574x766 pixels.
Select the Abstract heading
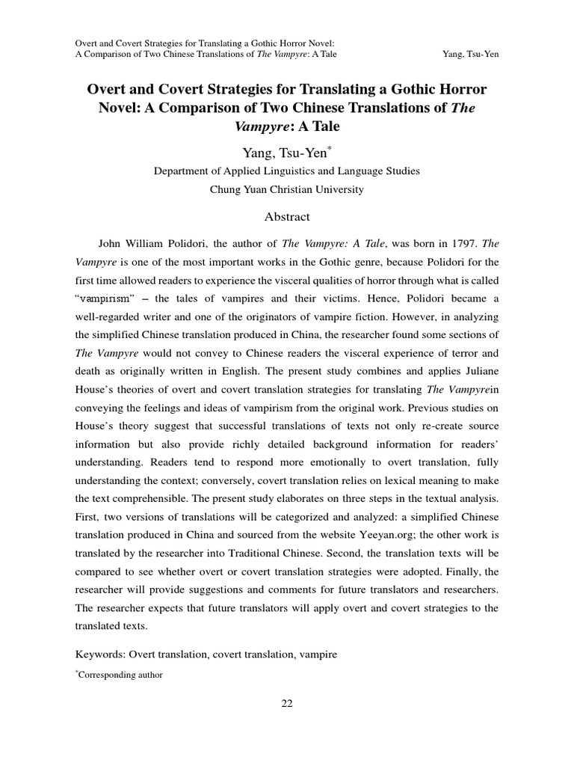coord(287,217)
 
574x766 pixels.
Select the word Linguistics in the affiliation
coord(282,171)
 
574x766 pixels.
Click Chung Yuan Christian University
coord(287,190)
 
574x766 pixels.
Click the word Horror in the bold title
coord(455,91)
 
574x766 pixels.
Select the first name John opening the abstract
coord(111,244)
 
